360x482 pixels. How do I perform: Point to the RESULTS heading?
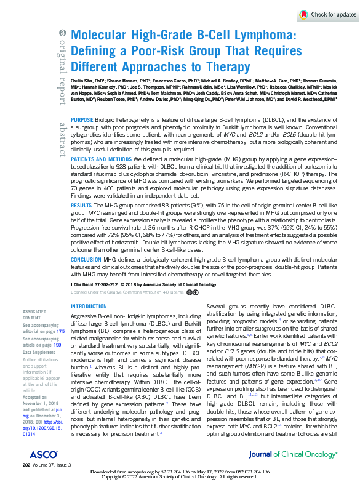pos(82,203)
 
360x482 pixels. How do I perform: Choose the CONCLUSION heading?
pos(86,260)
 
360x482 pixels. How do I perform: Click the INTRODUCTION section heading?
pos(89,306)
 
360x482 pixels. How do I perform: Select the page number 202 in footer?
pos(26,465)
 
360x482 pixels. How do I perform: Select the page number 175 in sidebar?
pos(60,331)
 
